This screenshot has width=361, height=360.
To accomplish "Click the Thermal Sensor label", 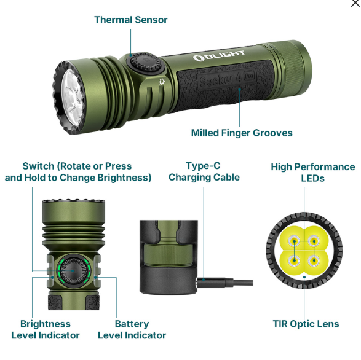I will tap(130, 20).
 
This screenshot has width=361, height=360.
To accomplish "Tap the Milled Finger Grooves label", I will tap(242, 133).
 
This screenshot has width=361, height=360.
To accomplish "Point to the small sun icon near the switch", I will tap(162, 82).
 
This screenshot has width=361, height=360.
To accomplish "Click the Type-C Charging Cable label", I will tap(204, 171).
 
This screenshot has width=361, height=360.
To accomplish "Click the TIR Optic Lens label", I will tap(306, 324).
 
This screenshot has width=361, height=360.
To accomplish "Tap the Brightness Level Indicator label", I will tap(46, 329).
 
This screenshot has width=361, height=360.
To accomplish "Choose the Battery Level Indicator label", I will tap(132, 329).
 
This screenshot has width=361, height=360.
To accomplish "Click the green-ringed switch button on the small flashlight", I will tap(74, 272).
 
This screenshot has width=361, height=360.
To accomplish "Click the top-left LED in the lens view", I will tap(293, 240).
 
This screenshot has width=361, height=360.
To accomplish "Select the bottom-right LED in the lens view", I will tap(315, 262).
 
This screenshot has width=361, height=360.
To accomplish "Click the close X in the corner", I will tap(355, 4).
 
